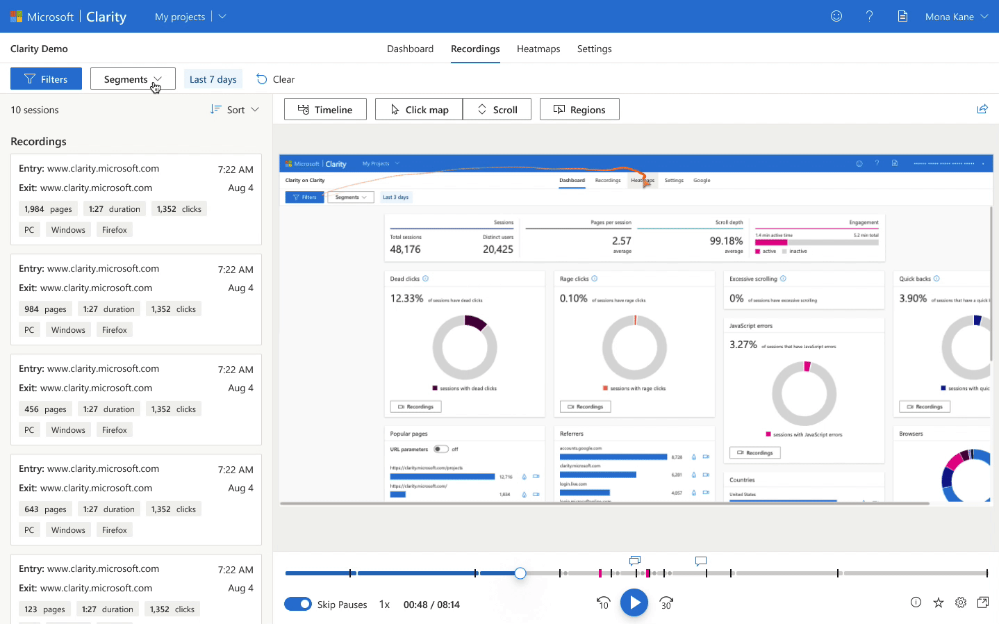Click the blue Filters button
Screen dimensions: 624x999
[46, 79]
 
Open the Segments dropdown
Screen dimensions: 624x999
[132, 79]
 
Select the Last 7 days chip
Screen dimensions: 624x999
[213, 79]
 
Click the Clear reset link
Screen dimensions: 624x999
[276, 79]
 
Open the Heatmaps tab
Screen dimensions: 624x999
[538, 49]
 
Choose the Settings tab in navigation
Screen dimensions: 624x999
[594, 49]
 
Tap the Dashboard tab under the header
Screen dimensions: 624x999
[410, 49]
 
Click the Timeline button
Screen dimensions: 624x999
[325, 110]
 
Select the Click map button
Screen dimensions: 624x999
[419, 110]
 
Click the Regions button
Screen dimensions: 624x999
[579, 110]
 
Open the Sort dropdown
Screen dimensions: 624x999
[235, 110]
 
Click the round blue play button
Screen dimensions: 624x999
[634, 603]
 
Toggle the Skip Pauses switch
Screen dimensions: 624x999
[298, 604]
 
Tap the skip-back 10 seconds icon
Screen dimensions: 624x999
[603, 603]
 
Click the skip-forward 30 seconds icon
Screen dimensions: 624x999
[666, 603]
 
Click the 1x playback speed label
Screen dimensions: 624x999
[384, 605]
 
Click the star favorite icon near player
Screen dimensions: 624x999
[938, 602]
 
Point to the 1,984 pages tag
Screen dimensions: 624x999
[48, 209]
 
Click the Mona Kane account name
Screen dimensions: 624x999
[949, 17]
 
